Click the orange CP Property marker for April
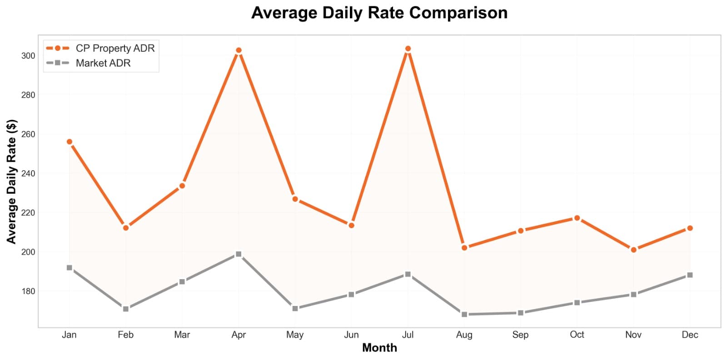[239, 50]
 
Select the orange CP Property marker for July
[408, 49]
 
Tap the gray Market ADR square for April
[239, 254]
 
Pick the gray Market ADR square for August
[464, 314]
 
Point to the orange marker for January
[70, 142]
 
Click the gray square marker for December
[690, 275]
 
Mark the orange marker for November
[633, 250]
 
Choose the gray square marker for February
[126, 309]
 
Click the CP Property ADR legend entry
[115, 48]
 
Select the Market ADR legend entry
[103, 63]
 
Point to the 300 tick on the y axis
[28, 56]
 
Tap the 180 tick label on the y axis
[28, 291]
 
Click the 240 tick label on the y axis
[28, 174]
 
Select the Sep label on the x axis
[520, 335]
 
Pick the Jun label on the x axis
[351, 335]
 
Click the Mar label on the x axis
[182, 335]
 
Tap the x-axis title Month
[379, 348]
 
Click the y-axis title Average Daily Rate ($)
[11, 181]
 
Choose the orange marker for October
[577, 218]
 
